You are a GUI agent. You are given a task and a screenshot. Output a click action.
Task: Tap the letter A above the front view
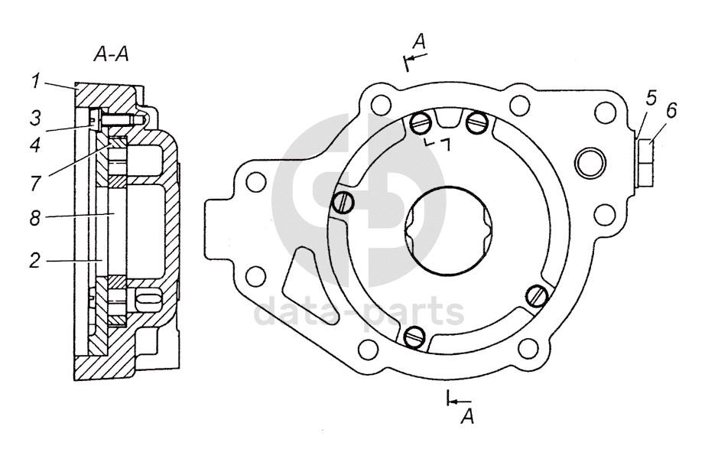coord(418,41)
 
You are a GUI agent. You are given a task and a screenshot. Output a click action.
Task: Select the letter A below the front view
coord(468,416)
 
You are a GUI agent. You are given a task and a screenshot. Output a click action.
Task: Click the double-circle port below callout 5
coord(592,162)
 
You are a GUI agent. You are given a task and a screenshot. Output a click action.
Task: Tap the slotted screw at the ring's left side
coord(343,203)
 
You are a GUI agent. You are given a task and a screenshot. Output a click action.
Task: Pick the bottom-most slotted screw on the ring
coord(415,334)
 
